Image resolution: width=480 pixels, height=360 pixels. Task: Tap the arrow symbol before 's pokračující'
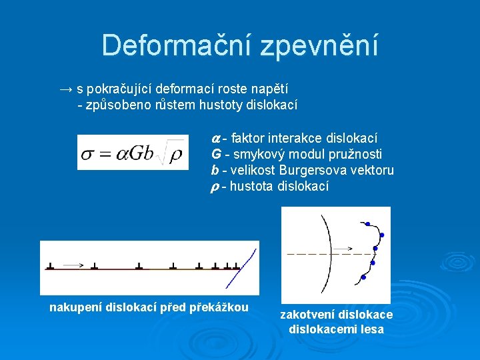tap(65, 89)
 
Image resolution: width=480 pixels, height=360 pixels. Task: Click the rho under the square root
tap(176, 154)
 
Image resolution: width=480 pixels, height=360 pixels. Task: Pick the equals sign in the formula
tap(105, 154)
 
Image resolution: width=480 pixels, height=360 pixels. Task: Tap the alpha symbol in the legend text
tap(215, 139)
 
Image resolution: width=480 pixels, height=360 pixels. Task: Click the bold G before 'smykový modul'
tap(215, 155)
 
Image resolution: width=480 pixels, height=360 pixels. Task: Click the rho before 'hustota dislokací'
tap(215, 187)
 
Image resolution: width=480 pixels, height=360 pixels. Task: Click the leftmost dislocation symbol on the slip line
tap(51, 267)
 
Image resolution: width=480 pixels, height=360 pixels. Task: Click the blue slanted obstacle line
tap(247, 261)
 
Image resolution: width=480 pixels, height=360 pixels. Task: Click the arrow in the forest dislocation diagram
tap(345, 249)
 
